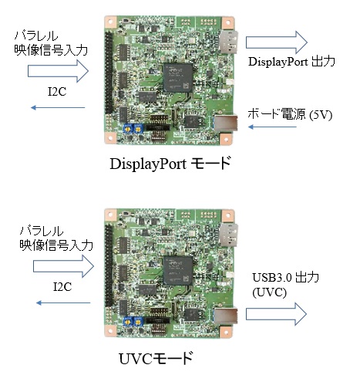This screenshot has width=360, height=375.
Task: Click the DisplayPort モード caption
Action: (170, 164)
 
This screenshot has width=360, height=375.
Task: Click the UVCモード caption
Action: (156, 358)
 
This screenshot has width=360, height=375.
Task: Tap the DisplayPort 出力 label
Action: (291, 62)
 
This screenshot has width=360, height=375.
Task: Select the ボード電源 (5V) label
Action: (290, 114)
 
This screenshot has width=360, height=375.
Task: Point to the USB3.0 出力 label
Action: (286, 278)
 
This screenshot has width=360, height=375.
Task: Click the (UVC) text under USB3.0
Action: (269, 292)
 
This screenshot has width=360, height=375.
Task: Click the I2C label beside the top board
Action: (57, 92)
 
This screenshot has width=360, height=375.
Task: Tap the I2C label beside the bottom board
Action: (62, 287)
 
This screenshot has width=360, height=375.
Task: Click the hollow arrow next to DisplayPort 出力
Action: (277, 42)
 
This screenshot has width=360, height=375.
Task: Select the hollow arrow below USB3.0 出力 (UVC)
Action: (276, 314)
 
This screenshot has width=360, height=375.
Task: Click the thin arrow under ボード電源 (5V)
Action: (272, 127)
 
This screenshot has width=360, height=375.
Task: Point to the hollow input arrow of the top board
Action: (58, 71)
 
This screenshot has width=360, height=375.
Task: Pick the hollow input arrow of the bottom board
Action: (64, 266)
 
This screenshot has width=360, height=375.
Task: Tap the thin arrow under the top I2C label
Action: (58, 107)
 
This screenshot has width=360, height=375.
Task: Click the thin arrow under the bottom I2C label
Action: (63, 302)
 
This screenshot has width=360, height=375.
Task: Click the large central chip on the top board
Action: (178, 77)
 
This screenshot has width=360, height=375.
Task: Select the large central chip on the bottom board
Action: (178, 271)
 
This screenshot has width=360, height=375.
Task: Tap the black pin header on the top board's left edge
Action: (109, 73)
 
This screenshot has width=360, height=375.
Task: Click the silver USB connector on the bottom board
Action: (225, 316)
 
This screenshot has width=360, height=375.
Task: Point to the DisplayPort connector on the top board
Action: (228, 42)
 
